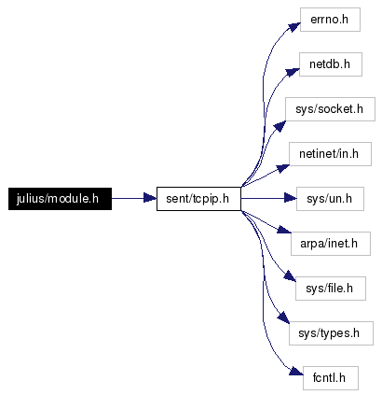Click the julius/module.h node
tap(60, 199)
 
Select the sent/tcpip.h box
tap(198, 199)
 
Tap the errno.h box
tap(330, 20)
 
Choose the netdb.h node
tap(331, 64)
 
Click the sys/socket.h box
tap(330, 109)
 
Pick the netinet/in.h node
tap(330, 154)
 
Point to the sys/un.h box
tap(330, 199)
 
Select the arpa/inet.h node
tap(331, 244)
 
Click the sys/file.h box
tap(331, 289)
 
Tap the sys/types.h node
tap(331, 333)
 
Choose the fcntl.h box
tap(331, 378)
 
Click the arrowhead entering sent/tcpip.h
tap(150, 198)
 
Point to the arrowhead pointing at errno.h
tap(293, 27)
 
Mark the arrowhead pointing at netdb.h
tap(293, 72)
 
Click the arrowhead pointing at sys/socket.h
tap(280, 126)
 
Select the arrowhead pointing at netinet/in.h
tap(283, 168)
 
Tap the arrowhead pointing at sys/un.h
tap(291, 198)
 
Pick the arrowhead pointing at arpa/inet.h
tap(284, 230)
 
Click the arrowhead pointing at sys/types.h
tap(283, 317)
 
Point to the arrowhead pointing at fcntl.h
tap(296, 371)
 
